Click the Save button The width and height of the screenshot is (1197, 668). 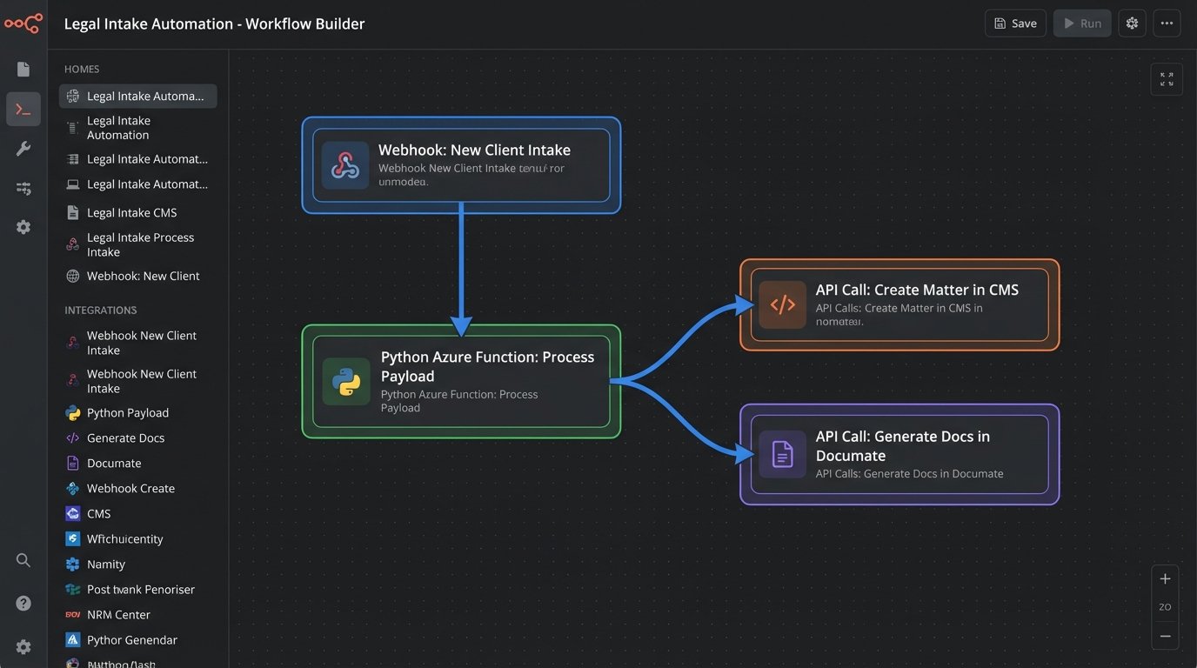pyautogui.click(x=1014, y=23)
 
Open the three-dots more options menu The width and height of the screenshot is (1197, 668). pyautogui.click(x=1167, y=23)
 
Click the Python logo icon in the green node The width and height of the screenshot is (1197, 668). pyautogui.click(x=345, y=382)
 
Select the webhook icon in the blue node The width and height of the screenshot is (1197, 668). pyautogui.click(x=345, y=165)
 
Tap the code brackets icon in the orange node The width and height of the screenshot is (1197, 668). pyautogui.click(x=782, y=304)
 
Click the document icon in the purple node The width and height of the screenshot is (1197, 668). pyautogui.click(x=782, y=454)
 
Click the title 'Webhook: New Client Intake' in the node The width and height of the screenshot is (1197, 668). pyautogui.click(x=474, y=150)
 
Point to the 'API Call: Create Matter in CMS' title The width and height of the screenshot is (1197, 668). pyautogui.click(x=917, y=290)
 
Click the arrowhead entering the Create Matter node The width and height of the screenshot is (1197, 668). pyautogui.click(x=745, y=304)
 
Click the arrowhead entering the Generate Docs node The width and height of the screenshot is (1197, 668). pyautogui.click(x=745, y=454)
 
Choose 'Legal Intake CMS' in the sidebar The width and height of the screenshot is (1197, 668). pyautogui.click(x=131, y=212)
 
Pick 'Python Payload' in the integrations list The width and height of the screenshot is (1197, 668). pyautogui.click(x=127, y=413)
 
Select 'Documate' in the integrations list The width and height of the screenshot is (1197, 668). pyautogui.click(x=114, y=464)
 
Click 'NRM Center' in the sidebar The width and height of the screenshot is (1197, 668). pyautogui.click(x=118, y=615)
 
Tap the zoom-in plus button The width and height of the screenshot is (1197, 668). pyautogui.click(x=1165, y=579)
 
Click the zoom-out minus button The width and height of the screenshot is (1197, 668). pyautogui.click(x=1165, y=637)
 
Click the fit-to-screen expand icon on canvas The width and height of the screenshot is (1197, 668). pyautogui.click(x=1166, y=79)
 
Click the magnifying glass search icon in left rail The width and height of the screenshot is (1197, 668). pyautogui.click(x=23, y=560)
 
